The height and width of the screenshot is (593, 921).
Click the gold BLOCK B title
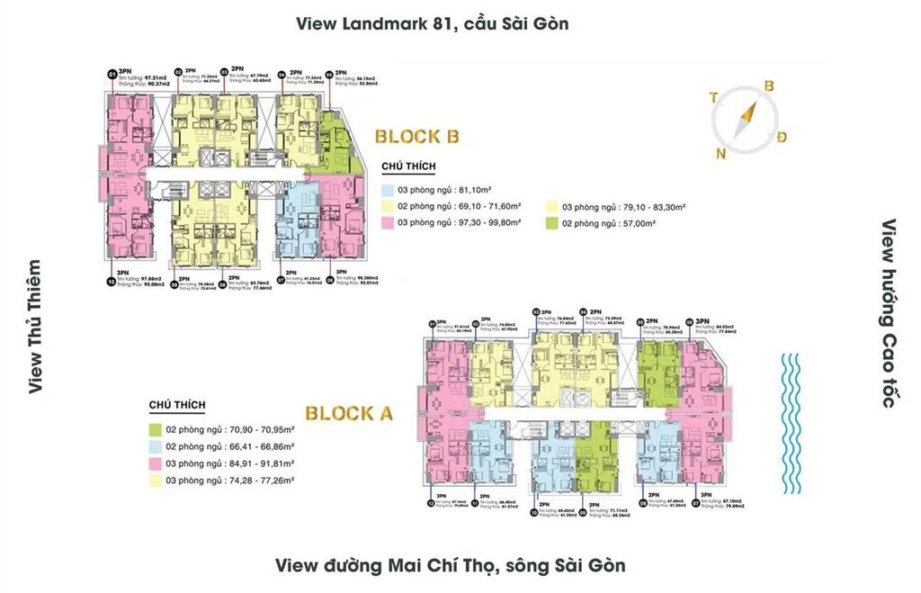417,137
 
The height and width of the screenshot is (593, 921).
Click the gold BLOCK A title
349,414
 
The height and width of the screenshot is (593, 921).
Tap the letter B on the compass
769,85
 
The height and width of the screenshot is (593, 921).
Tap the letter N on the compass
720,153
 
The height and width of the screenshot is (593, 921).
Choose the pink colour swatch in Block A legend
156,464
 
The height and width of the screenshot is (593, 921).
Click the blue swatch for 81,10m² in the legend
387,190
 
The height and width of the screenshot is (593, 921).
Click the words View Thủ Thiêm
34,327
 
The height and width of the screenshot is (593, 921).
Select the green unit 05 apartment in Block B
340,144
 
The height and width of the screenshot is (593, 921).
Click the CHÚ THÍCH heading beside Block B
408,167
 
